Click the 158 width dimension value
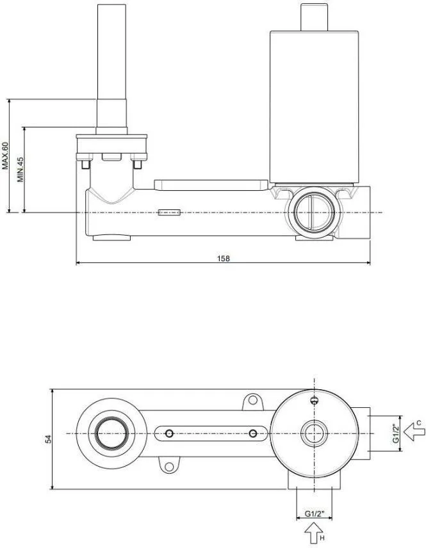pyautogui.click(x=224, y=258)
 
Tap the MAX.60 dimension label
pyautogui.click(x=5, y=156)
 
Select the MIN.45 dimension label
pyautogui.click(x=20, y=170)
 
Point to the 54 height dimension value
pyautogui.click(x=49, y=439)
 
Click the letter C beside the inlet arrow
pyautogui.click(x=419, y=423)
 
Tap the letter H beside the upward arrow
pyautogui.click(x=322, y=538)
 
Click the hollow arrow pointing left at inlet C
pyautogui.click(x=414, y=432)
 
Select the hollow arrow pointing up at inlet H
pyautogui.click(x=313, y=533)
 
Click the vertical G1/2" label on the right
pyautogui.click(x=396, y=433)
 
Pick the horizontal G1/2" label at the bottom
pyautogui.click(x=315, y=513)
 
